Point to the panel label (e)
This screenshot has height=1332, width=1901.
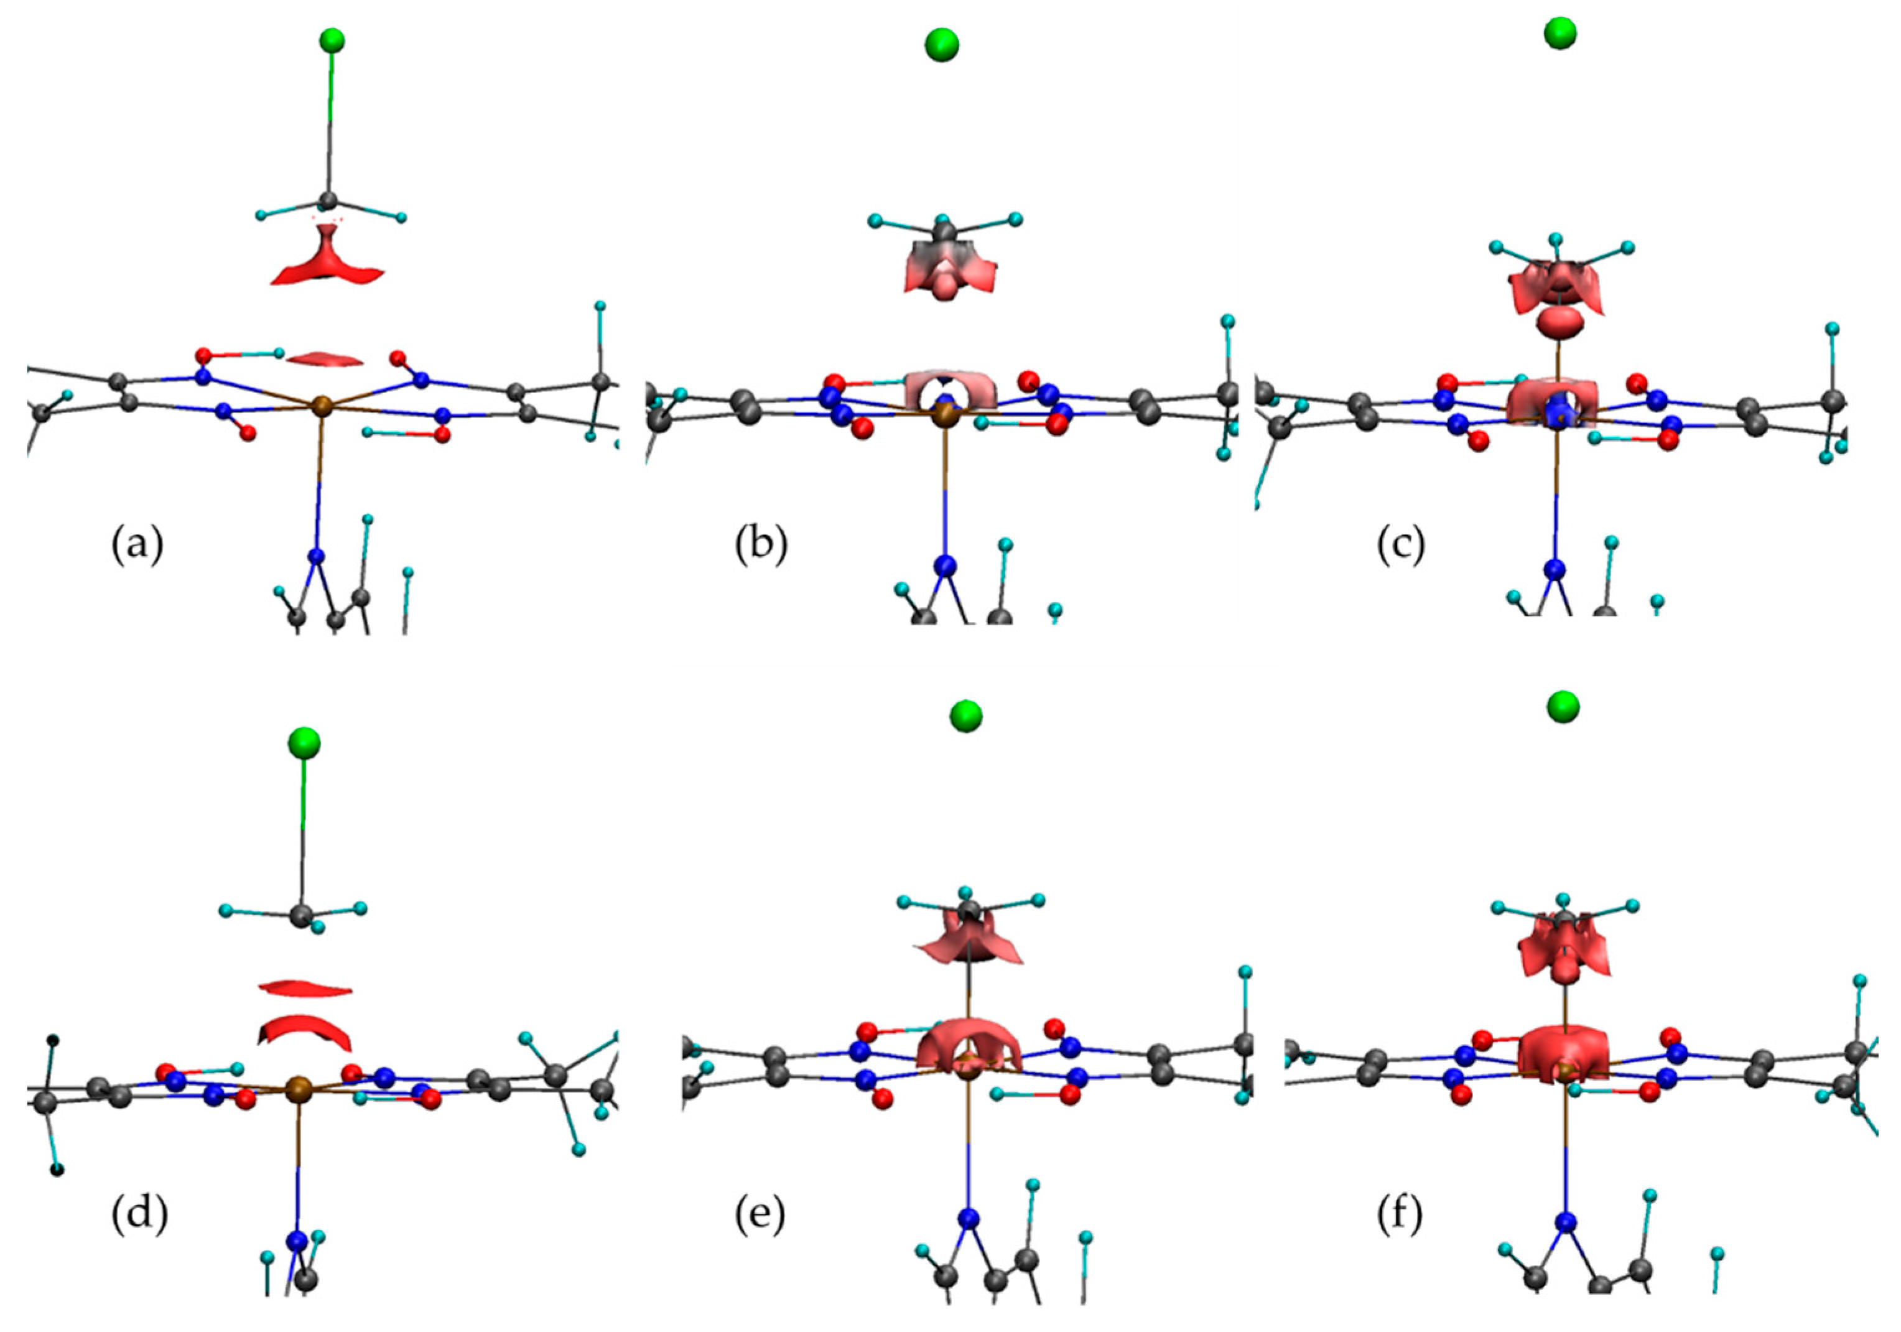click(760, 1214)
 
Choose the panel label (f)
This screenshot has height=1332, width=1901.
click(1398, 1214)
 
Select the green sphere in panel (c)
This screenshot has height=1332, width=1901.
click(1560, 33)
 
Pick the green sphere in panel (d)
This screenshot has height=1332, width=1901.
click(304, 743)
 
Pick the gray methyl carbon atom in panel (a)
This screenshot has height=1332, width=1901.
click(328, 200)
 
